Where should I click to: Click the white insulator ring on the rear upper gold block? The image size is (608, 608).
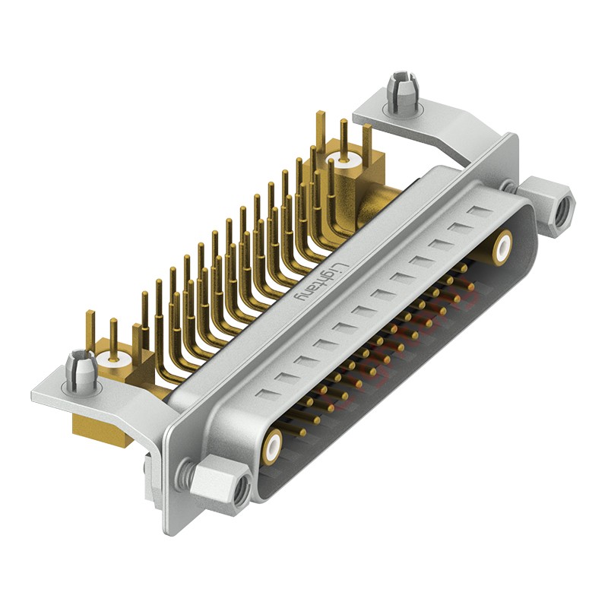click(x=343, y=159)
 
